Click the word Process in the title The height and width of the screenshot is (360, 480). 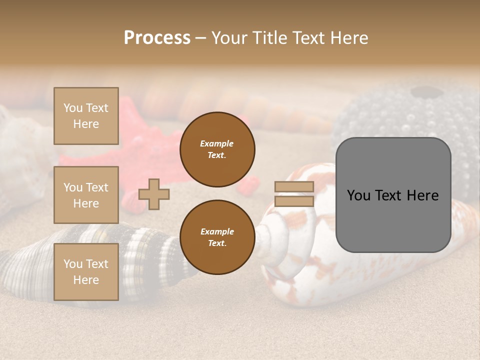157,38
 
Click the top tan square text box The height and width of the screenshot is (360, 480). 86,116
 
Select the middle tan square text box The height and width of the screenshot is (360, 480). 86,195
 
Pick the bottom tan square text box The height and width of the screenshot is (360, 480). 86,271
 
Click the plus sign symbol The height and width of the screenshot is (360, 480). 154,194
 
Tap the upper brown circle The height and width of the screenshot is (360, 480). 217,149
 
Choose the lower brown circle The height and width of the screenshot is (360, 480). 217,237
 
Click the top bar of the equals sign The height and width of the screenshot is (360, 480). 294,187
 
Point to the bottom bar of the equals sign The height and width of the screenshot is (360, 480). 294,201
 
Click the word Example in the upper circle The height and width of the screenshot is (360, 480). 217,143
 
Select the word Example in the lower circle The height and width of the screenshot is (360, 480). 217,231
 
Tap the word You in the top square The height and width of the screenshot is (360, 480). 73,108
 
